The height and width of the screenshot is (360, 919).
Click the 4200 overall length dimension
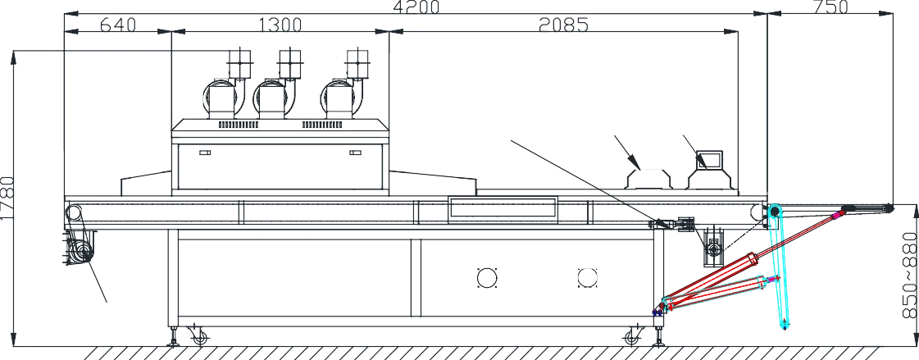tap(416, 7)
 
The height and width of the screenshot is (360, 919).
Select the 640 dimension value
tap(118, 25)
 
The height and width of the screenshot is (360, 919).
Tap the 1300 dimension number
tap(280, 25)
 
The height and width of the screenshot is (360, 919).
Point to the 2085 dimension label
tap(563, 25)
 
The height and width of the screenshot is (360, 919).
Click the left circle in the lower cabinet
tap(486, 276)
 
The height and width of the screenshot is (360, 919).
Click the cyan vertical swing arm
tap(779, 271)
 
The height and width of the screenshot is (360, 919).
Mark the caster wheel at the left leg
tap(198, 335)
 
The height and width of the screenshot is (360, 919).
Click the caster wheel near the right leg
tap(632, 335)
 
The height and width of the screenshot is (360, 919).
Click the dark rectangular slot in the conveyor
tap(503, 208)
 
